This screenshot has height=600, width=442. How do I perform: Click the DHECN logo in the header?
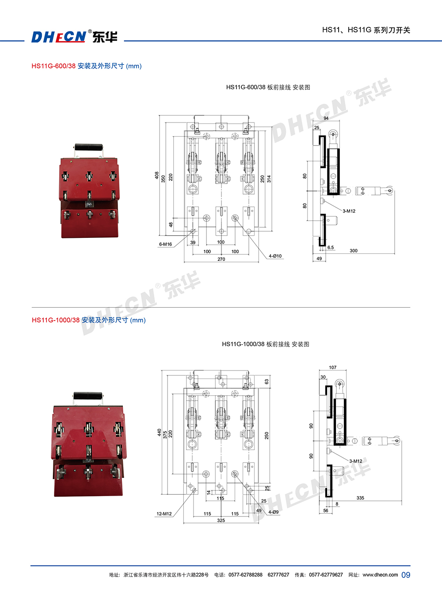[74, 37]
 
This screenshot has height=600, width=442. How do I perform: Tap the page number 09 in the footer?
[406, 575]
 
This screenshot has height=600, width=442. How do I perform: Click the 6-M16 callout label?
[165, 244]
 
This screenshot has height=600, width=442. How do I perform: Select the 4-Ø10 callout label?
[275, 256]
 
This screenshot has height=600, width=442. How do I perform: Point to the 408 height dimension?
[156, 176]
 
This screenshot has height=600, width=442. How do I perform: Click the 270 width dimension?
[221, 259]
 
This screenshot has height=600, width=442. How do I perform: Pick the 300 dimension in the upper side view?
[354, 250]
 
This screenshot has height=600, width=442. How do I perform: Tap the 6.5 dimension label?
[331, 247]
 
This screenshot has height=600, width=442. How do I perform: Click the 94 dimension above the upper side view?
[326, 118]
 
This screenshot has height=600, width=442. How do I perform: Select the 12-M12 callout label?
[164, 513]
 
